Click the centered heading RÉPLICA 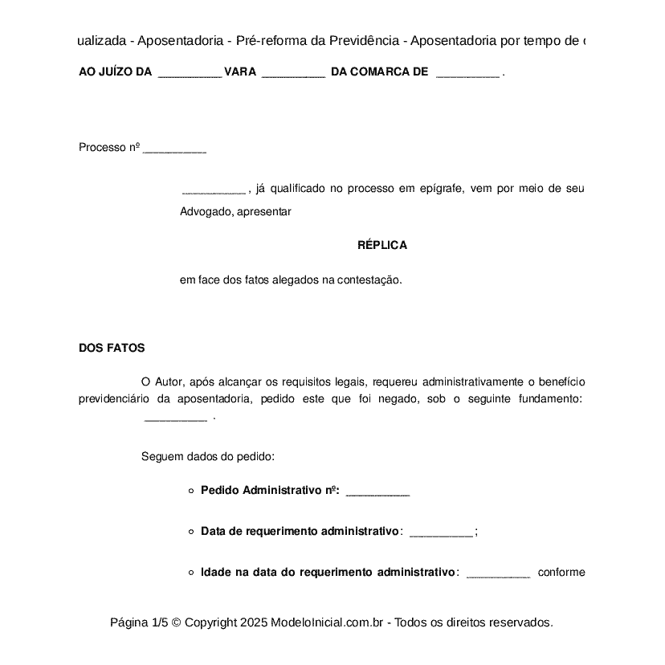[382, 245]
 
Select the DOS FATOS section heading [112, 348]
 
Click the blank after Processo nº [174, 149]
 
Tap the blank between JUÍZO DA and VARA [190, 73]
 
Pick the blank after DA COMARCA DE [467, 73]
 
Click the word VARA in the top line [240, 71]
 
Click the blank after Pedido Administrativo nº [377, 492]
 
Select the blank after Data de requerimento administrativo [442, 532]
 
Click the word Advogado [206, 212]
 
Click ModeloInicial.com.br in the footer [329, 622]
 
